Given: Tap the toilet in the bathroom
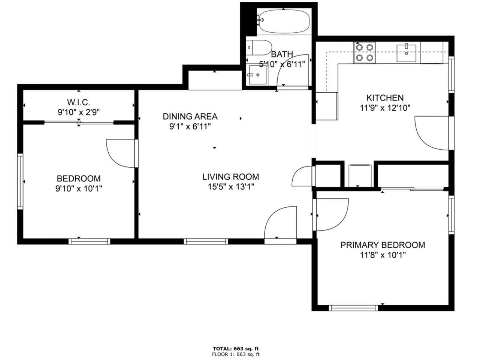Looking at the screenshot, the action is pyautogui.click(x=260, y=48).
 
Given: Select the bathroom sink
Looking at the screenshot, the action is pyautogui.click(x=258, y=75).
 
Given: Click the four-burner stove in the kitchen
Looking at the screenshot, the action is pyautogui.click(x=365, y=52).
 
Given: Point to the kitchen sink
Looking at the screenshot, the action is pyautogui.click(x=406, y=53).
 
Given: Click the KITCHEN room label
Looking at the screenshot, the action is pyautogui.click(x=385, y=98).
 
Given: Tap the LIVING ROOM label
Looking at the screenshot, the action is pyautogui.click(x=230, y=177).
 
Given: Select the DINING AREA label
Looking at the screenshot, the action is pyautogui.click(x=190, y=116).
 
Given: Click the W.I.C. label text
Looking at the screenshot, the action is pyautogui.click(x=78, y=102).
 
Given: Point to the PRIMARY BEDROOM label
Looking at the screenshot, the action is pyautogui.click(x=383, y=245).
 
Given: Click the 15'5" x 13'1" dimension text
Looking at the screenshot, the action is pyautogui.click(x=231, y=187).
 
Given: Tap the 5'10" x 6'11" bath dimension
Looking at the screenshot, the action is pyautogui.click(x=282, y=64).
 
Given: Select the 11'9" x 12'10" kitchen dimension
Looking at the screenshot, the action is pyautogui.click(x=385, y=108).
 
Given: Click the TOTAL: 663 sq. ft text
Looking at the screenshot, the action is pyautogui.click(x=236, y=349).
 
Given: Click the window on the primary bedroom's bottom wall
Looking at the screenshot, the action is pyautogui.click(x=353, y=308).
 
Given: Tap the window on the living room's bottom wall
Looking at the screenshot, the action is pyautogui.click(x=206, y=241).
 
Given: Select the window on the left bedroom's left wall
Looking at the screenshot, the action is pyautogui.click(x=20, y=181).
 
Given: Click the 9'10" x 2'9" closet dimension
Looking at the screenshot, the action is pyautogui.click(x=79, y=112).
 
